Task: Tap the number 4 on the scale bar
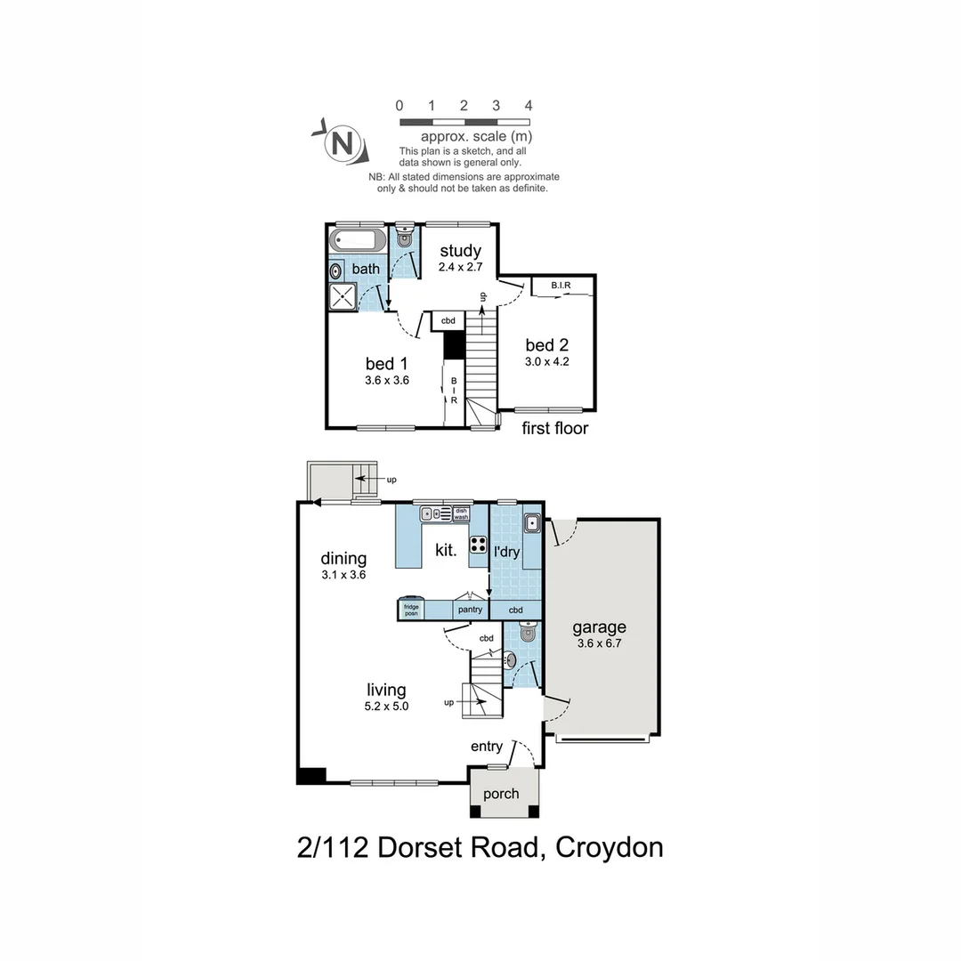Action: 529,105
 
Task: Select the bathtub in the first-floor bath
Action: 358,240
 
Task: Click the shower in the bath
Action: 343,296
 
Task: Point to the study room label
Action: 460,251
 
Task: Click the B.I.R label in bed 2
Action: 561,286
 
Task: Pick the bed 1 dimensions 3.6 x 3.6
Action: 387,380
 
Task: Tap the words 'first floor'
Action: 555,428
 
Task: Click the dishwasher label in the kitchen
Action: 461,513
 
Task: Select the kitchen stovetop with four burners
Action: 478,545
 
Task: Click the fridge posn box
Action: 411,610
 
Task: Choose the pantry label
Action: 470,610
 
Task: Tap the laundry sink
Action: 531,523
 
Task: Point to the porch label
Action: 501,794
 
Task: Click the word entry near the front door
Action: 487,747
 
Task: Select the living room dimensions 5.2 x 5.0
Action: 387,707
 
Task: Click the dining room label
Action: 343,559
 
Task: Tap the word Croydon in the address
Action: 609,847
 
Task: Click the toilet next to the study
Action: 405,237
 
